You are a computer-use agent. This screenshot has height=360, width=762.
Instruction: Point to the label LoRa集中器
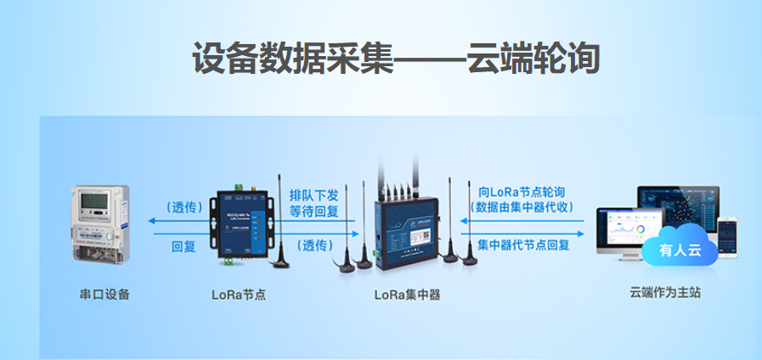[x=407, y=295]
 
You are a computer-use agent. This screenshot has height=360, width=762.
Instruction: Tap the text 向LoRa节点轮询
[x=522, y=192]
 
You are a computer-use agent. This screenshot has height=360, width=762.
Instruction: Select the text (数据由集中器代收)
[x=522, y=207]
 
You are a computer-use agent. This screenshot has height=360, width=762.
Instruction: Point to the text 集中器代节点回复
[x=523, y=245]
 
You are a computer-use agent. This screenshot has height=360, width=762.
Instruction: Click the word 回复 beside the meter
[x=183, y=247]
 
